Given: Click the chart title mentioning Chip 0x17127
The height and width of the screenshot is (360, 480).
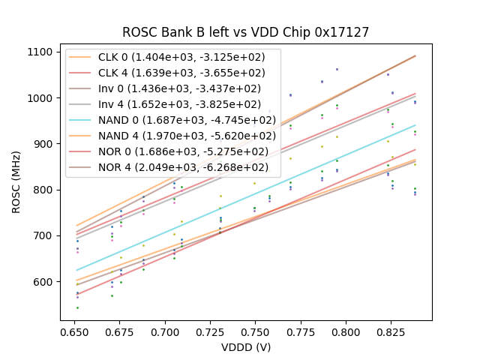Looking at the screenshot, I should coord(245,32).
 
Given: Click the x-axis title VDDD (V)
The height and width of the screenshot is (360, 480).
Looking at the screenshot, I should coord(245,347).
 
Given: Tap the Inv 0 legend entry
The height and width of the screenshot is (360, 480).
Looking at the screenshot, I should coord(181,89).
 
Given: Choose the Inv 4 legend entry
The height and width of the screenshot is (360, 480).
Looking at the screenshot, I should coord(181,105).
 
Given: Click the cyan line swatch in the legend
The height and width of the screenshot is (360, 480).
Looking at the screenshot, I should coord(82,120).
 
